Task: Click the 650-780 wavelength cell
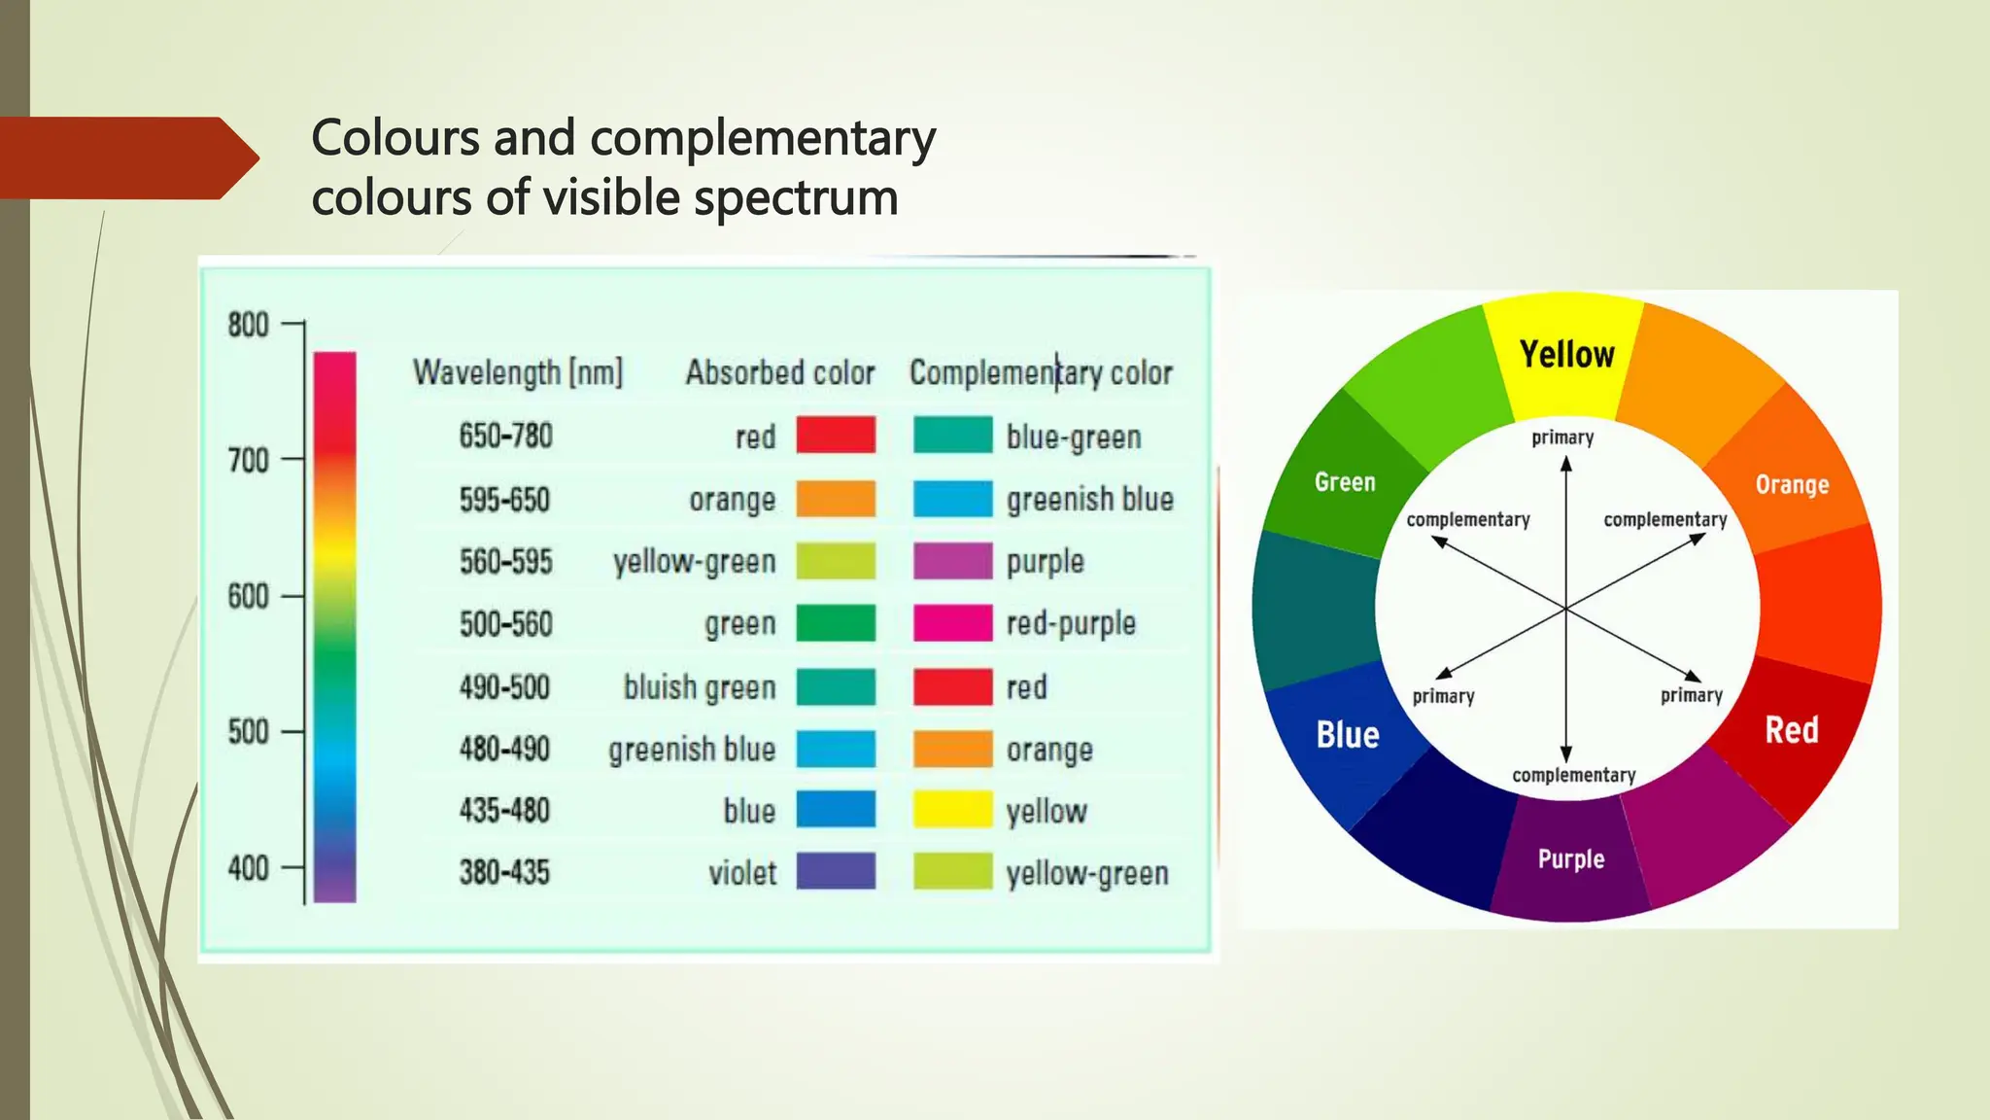tap(505, 436)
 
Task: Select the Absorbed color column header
tap(780, 372)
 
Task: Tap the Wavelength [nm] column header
tap(517, 372)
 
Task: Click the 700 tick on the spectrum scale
tap(249, 460)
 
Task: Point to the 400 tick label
tap(249, 868)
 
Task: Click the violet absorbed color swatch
tap(836, 871)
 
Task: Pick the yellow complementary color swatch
tap(952, 810)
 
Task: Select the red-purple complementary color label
tap(1071, 623)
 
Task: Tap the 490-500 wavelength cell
tap(504, 687)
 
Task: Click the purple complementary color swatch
tap(952, 561)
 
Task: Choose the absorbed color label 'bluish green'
tap(700, 687)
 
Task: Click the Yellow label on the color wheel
tap(1566, 355)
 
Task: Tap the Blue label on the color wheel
tap(1347, 735)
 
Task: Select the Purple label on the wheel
tap(1570, 859)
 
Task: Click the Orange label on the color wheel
tap(1792, 484)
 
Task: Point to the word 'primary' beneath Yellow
tap(1562, 437)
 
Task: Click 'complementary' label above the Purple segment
tap(1573, 775)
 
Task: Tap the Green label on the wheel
tap(1345, 482)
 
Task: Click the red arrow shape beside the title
tap(126, 158)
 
